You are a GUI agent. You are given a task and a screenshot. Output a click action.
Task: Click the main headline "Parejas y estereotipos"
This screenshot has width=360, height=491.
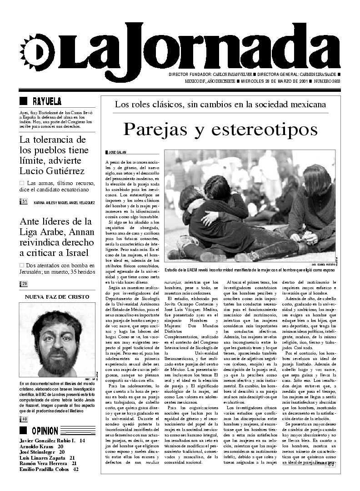[220, 129]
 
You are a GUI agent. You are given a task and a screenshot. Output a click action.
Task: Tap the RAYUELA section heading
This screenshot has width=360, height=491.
[47, 101]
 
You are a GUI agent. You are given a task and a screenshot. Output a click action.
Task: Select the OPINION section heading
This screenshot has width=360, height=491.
[45, 431]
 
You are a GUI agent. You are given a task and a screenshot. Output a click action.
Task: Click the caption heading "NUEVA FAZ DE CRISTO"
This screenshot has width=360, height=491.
[57, 296]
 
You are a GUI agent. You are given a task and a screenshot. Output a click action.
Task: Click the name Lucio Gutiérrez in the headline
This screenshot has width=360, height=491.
[52, 171]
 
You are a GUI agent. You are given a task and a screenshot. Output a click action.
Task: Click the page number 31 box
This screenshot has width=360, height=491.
[24, 201]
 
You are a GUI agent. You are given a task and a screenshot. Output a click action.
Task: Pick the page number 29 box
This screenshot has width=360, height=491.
[24, 284]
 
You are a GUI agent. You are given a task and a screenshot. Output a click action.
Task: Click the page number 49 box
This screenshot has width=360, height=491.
[24, 419]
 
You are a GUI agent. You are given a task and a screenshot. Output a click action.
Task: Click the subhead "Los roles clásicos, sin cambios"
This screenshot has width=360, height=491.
[220, 104]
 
